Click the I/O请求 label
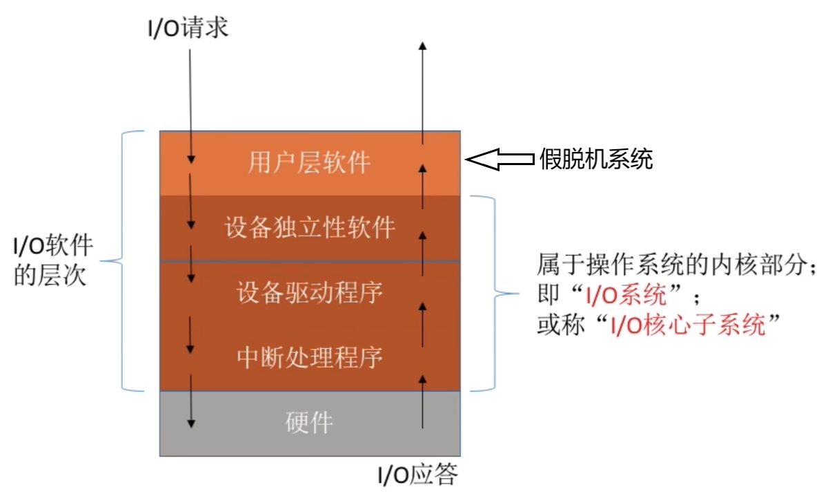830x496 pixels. pos(188,30)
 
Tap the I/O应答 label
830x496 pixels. pos(417,475)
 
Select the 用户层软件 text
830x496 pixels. pos(309,163)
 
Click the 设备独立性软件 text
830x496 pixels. pos(309,227)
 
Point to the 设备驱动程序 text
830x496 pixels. pos(309,293)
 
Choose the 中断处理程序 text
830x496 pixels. pos(309,357)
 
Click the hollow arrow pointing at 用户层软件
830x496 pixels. pos(499,160)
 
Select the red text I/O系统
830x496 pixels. pos(626,298)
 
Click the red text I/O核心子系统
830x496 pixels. pos(689,324)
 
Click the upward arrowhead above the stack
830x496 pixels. pos(423,45)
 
